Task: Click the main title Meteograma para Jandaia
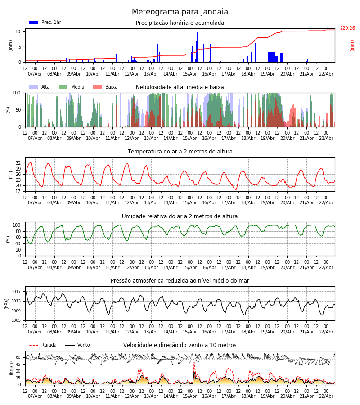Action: [180, 12]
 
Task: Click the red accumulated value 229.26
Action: [347, 28]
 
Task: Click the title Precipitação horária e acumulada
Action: [180, 23]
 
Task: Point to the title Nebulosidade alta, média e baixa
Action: [180, 87]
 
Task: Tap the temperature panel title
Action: [180, 152]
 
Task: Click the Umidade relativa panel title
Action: [180, 216]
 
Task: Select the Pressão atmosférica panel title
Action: [180, 281]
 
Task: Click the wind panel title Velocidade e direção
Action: [180, 345]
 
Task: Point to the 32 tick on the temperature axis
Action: [18, 163]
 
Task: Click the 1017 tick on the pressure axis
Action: [17, 292]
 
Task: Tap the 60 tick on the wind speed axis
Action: [18, 357]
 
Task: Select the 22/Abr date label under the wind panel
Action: [326, 396]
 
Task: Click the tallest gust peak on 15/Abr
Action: [194, 363]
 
